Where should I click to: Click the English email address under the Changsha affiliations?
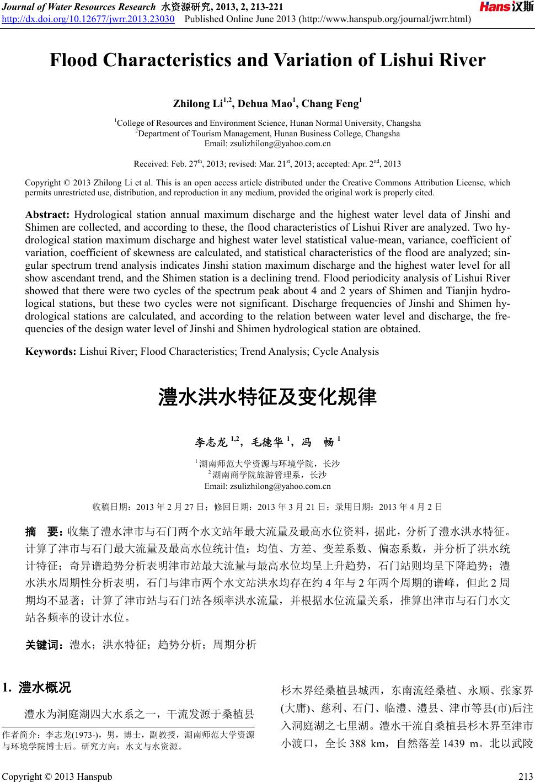pyautogui.click(x=267, y=143)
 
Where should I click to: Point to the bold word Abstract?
pyautogui.click(x=47, y=215)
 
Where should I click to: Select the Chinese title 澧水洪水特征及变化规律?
pyautogui.click(x=267, y=397)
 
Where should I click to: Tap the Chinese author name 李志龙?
pyautogui.click(x=211, y=441)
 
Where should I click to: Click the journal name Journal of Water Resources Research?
pyautogui.click(x=78, y=7)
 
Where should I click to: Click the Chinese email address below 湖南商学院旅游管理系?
pyautogui.click(x=267, y=486)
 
